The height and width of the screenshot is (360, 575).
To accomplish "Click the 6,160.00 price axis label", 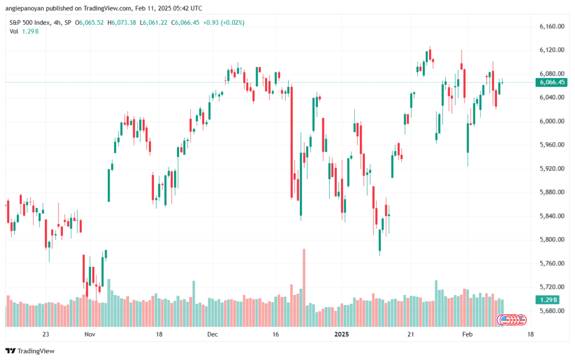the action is (x=551, y=26).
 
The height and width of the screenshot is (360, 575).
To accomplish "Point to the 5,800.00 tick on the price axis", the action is (x=551, y=239).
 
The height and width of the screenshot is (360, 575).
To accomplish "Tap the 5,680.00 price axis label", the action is (x=551, y=311).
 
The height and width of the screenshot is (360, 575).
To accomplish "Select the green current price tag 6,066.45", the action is (x=551, y=82).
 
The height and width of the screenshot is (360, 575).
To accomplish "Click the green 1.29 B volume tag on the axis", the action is (x=547, y=300).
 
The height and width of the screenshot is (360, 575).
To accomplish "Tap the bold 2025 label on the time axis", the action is (x=341, y=334).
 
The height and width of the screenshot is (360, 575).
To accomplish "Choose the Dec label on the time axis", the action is (x=212, y=334).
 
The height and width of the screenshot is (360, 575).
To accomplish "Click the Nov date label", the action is (x=90, y=334).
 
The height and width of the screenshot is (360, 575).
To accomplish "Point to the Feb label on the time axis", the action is (x=467, y=334).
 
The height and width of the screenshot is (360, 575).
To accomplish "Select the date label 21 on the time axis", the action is (x=410, y=334).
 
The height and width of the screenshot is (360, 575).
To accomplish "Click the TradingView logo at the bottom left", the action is (x=30, y=351).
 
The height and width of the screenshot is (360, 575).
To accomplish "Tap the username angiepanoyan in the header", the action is (x=22, y=8).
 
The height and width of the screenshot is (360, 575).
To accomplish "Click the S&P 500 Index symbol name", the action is (x=30, y=22).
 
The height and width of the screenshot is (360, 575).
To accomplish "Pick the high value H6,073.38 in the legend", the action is (x=122, y=22).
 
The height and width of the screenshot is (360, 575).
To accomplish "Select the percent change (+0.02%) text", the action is (x=232, y=22).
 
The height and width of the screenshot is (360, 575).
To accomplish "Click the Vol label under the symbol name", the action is (x=13, y=31).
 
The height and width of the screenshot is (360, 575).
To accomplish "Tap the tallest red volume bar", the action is (x=304, y=288).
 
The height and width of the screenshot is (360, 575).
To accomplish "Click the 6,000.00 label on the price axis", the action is (x=551, y=121).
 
